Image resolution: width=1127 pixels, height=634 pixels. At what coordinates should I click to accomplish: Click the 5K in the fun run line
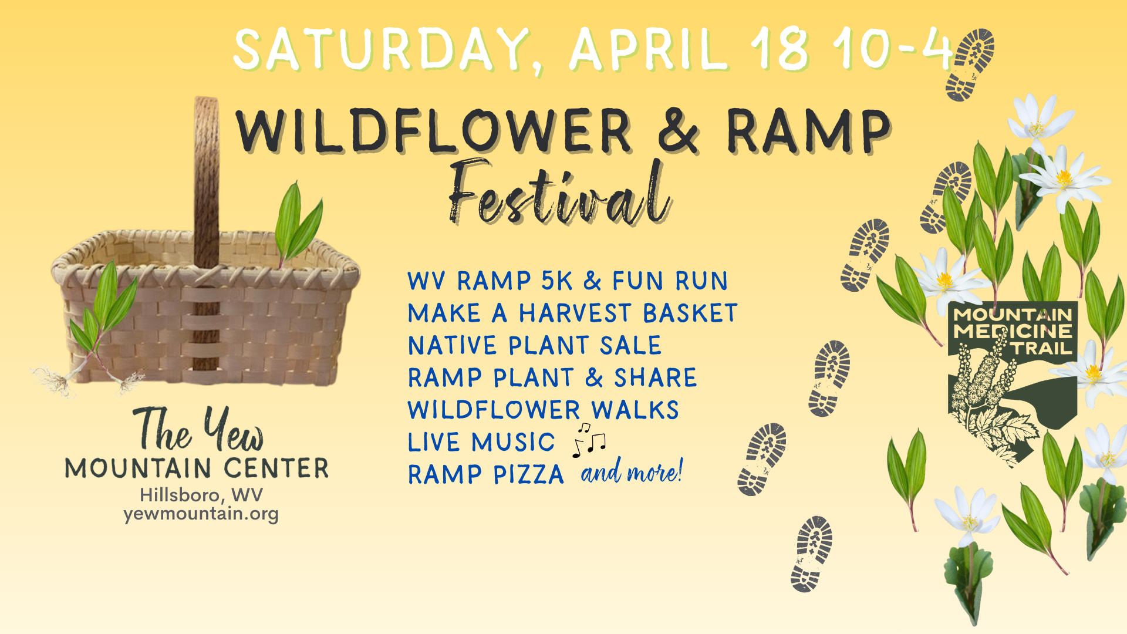point(556,281)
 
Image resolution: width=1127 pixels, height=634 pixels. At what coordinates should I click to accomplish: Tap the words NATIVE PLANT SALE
point(535,345)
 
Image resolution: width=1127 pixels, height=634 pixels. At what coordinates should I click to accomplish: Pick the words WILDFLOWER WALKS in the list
point(544,410)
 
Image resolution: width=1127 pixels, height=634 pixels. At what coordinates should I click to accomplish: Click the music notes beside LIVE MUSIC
point(589,440)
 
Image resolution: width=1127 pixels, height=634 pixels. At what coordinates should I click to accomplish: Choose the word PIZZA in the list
point(528,474)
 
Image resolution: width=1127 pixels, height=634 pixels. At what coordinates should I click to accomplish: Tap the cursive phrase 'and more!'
point(632,471)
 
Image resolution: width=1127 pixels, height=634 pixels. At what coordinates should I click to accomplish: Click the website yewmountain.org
point(201,514)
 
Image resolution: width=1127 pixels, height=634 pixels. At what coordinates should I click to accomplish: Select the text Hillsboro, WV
point(201,495)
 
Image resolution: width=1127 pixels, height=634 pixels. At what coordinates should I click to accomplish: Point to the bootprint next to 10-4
point(970,65)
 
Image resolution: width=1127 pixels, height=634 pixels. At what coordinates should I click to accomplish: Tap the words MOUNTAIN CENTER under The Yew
point(197,468)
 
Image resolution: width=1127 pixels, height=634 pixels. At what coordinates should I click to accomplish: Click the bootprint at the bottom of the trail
point(811,554)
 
